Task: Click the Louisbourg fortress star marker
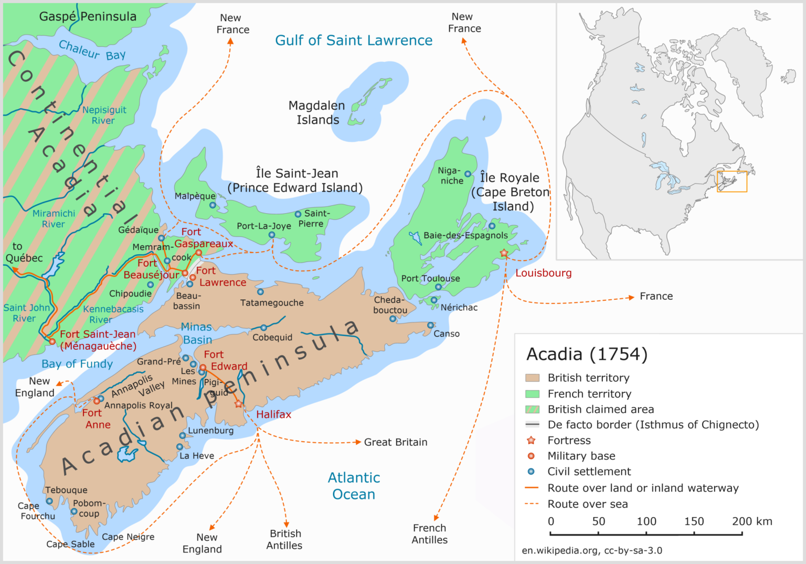click(x=504, y=253)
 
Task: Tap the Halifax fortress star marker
click(x=239, y=404)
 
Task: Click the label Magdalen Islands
click(x=317, y=113)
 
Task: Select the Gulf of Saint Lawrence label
click(x=354, y=40)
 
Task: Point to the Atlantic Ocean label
click(x=354, y=486)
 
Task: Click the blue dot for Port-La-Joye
click(x=272, y=235)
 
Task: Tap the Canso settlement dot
click(x=430, y=326)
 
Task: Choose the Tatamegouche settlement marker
click(x=260, y=292)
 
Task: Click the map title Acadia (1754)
click(x=587, y=354)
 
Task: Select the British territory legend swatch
click(x=532, y=378)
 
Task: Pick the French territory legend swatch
click(x=532, y=394)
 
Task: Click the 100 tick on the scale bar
click(x=646, y=534)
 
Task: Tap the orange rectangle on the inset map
click(x=731, y=181)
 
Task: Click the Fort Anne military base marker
click(x=97, y=401)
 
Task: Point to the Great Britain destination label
click(x=396, y=442)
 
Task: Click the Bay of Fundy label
click(x=77, y=364)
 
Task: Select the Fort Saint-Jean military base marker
click(x=52, y=342)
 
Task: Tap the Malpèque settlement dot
click(x=213, y=205)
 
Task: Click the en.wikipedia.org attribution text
click(x=592, y=550)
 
